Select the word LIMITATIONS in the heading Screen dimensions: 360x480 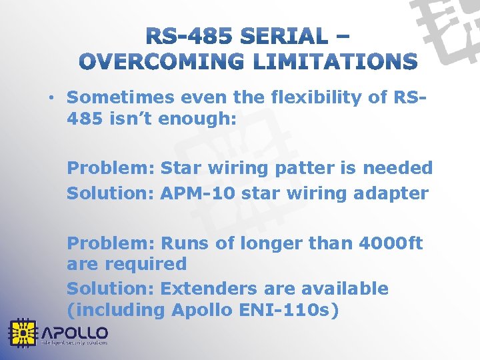(337, 62)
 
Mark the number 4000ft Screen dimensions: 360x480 (391, 243)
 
